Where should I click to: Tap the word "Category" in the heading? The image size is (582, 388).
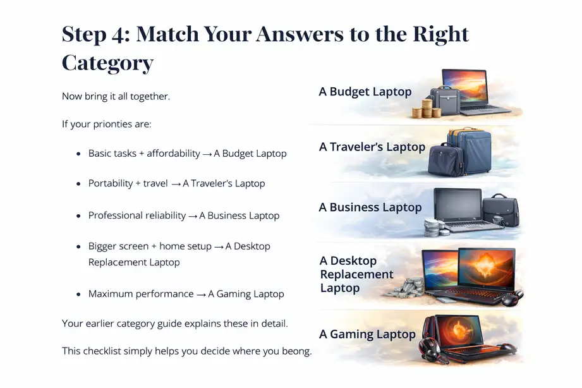point(107,63)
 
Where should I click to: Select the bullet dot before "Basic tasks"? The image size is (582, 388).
point(78,154)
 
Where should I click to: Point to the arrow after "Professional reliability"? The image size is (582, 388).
point(193,216)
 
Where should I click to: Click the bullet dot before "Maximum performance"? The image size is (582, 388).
point(78,294)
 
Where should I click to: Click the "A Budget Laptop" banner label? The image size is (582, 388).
point(365,92)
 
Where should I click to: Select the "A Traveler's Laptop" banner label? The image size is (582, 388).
point(372,147)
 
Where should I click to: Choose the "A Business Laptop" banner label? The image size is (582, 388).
point(370,208)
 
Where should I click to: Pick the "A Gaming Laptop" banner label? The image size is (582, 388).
point(367,334)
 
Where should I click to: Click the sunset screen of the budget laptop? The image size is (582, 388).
point(464,86)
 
